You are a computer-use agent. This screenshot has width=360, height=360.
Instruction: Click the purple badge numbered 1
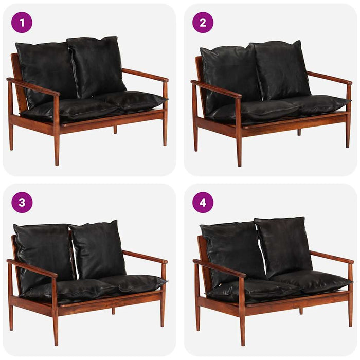(x=22, y=23)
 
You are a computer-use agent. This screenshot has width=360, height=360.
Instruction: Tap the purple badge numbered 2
(x=203, y=23)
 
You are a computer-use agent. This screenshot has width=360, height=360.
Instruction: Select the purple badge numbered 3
(x=22, y=202)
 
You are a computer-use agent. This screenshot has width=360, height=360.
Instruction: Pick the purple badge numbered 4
(x=203, y=202)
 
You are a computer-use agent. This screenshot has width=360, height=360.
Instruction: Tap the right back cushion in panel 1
(x=97, y=66)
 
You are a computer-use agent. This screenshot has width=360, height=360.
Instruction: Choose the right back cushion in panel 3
(x=98, y=249)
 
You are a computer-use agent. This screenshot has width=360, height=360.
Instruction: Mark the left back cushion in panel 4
(x=231, y=252)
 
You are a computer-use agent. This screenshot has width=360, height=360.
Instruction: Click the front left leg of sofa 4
(x=242, y=329)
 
